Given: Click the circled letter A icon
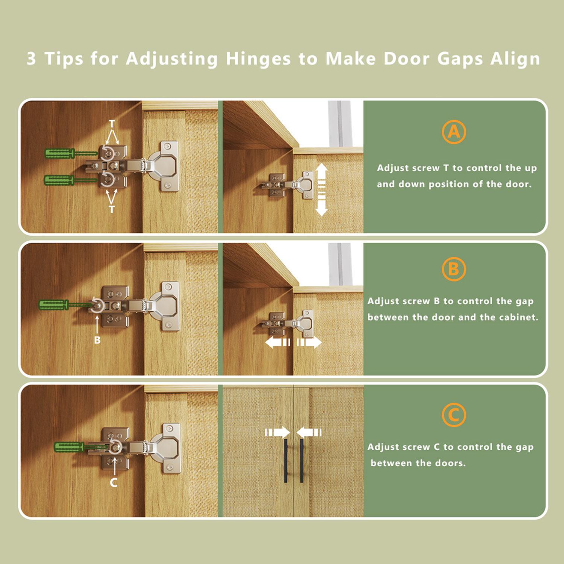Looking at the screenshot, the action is coord(454,132).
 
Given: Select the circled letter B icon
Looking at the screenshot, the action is coord(454,269).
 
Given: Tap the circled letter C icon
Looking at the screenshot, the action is coord(454,415).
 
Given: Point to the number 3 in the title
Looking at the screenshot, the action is coord(32,59).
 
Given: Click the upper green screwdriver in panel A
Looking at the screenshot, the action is coord(71,153).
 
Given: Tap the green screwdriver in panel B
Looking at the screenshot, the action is coord(66,305).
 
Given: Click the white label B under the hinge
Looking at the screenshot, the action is coord(97,340).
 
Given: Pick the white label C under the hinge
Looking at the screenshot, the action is coord(114,482).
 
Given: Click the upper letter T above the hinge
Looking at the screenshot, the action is coord(112,124).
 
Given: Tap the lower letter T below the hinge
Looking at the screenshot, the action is coord(112,209).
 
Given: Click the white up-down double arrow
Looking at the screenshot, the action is coord(321,190).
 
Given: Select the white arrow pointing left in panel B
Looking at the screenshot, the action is coord(277,343).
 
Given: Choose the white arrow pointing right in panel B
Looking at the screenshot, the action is coord(309,343).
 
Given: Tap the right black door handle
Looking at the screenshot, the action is coord(302,460).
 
